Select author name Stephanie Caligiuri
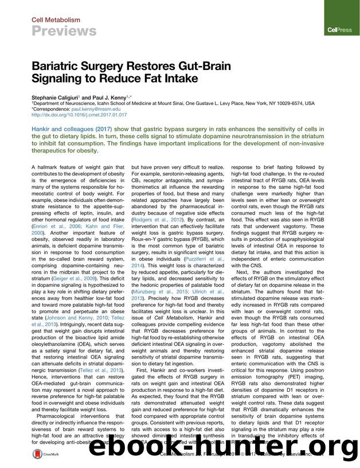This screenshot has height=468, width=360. [57, 98]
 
